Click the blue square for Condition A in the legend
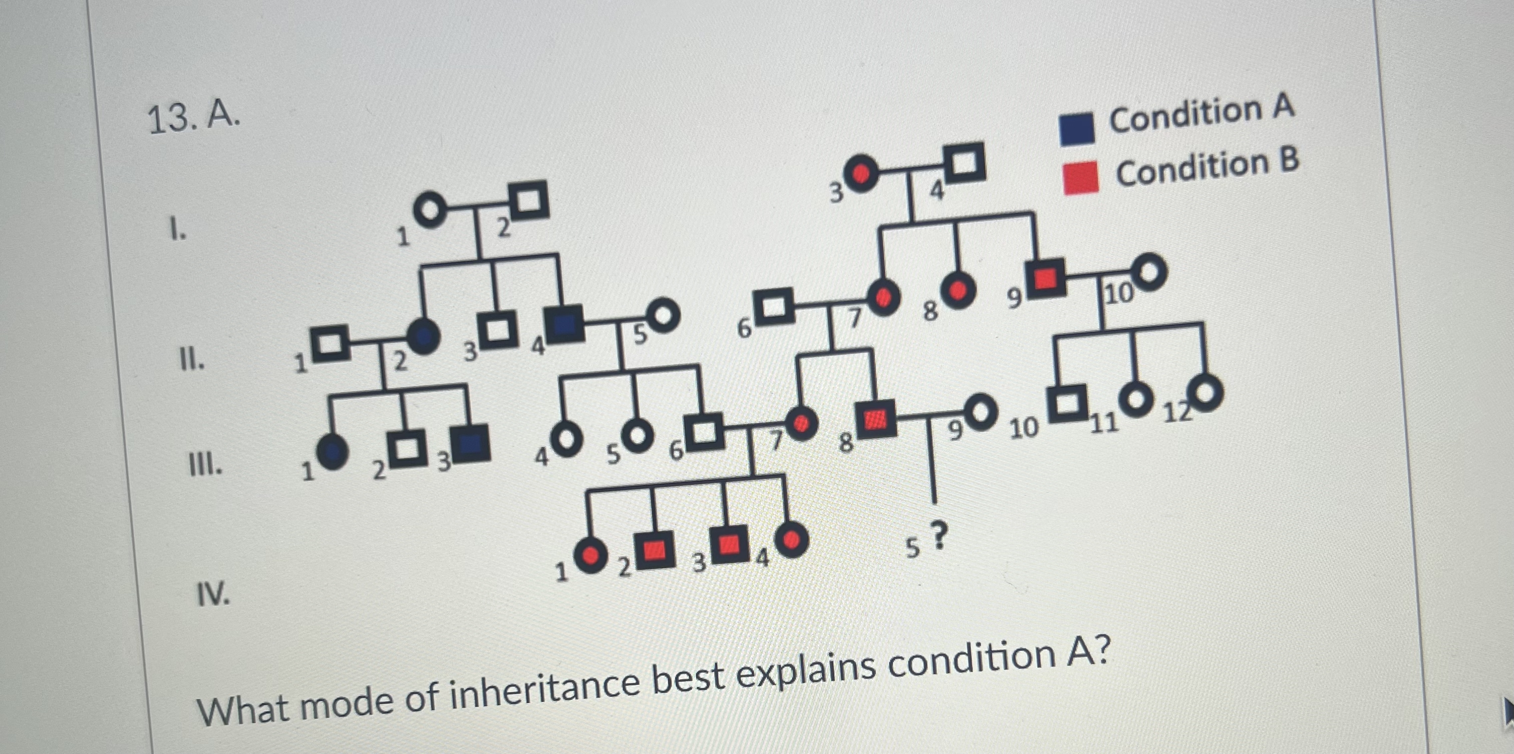[1077, 129]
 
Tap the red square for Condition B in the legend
[1081, 177]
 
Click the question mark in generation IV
[940, 535]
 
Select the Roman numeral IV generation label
[213, 595]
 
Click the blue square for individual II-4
[564, 323]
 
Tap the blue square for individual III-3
[472, 443]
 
